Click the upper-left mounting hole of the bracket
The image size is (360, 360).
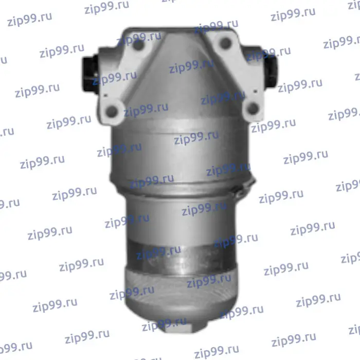pos(138,45)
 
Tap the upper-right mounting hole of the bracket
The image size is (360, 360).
pos(225,43)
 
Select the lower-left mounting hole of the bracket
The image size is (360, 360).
pos(112,112)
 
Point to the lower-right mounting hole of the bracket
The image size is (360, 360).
pos(253,108)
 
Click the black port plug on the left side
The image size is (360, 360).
pos(90,74)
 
